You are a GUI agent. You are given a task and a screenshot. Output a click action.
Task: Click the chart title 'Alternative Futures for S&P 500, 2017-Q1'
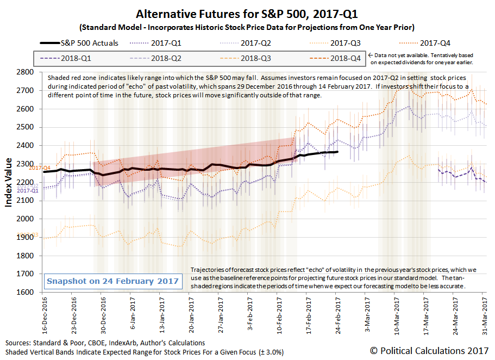click(x=247, y=13)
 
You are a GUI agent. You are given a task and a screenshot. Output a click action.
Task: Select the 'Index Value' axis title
click(x=9, y=182)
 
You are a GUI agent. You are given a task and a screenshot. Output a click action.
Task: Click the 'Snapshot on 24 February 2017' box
click(x=112, y=281)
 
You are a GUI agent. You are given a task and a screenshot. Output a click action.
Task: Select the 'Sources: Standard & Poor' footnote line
click(x=105, y=343)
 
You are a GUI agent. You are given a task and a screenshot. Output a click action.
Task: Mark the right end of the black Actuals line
click(x=337, y=152)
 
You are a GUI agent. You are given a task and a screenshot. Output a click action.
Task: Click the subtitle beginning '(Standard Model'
click(x=247, y=27)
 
